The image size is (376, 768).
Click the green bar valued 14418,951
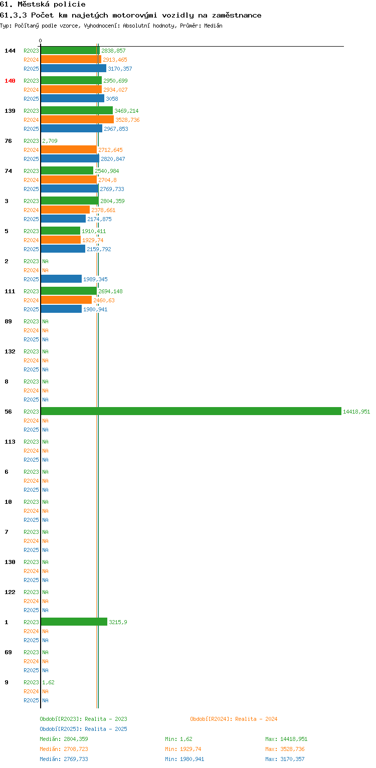tap(191, 411)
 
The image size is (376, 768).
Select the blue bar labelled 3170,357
tap(73, 68)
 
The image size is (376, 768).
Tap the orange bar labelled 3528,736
tap(77, 119)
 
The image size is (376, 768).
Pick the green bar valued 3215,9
tap(74, 622)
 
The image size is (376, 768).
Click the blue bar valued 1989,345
tap(61, 279)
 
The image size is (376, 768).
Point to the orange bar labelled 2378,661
tap(65, 210)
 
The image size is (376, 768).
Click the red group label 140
tap(10, 81)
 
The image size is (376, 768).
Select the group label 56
tap(8, 412)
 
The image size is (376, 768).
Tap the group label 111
tap(10, 291)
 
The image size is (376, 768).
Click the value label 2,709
tap(50, 141)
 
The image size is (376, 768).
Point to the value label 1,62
tap(48, 682)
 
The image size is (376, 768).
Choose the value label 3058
tap(112, 99)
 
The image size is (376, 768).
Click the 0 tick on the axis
tap(41, 41)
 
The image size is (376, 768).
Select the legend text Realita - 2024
tap(256, 719)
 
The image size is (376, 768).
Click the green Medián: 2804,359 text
tap(64, 739)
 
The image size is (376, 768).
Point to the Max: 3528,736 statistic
tap(285, 749)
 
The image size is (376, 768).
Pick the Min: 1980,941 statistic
tap(184, 759)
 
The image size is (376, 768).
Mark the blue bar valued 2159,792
tap(63, 249)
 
